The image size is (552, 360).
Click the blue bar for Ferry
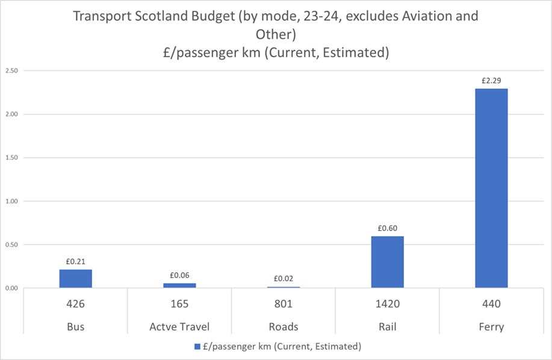[x=491, y=188]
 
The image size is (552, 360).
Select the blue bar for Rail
[x=387, y=262]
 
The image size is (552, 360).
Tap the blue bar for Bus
[x=75, y=278]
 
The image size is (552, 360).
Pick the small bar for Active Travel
[x=179, y=285]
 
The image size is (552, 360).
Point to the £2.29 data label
[x=491, y=79]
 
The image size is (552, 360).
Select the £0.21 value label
[x=75, y=261]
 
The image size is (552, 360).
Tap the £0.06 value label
[x=179, y=275]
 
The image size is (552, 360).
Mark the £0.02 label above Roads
[x=284, y=278]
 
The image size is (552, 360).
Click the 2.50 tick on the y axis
[x=11, y=71]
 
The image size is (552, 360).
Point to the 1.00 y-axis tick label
[x=11, y=201]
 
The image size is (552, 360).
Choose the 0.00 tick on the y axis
[x=11, y=288]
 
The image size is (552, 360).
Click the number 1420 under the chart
[x=387, y=305]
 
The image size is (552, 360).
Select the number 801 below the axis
[x=284, y=305]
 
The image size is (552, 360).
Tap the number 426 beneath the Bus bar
[x=75, y=305]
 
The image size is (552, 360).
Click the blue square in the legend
[x=197, y=347]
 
